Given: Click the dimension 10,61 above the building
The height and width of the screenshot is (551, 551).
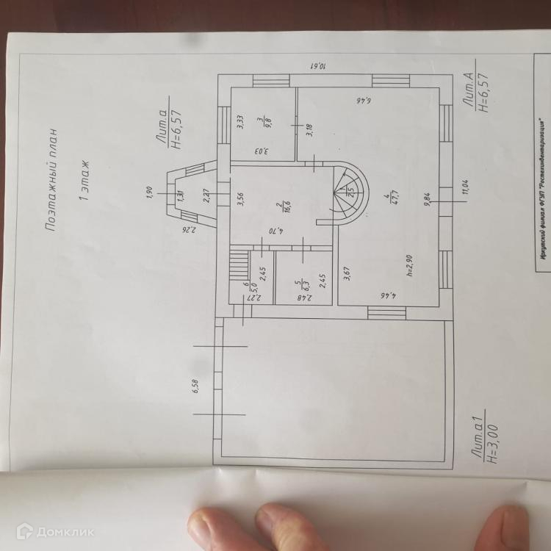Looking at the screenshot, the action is (322, 65).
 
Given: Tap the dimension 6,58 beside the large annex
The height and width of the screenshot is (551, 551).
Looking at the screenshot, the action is (196, 387).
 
